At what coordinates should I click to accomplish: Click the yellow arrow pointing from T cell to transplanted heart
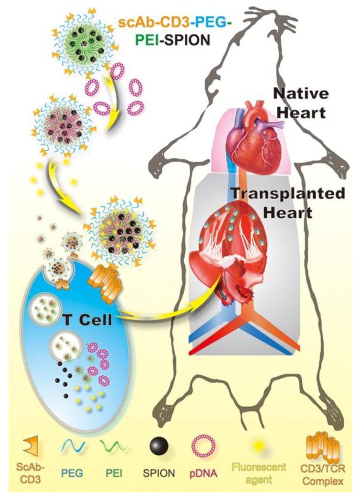pos(162,315)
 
